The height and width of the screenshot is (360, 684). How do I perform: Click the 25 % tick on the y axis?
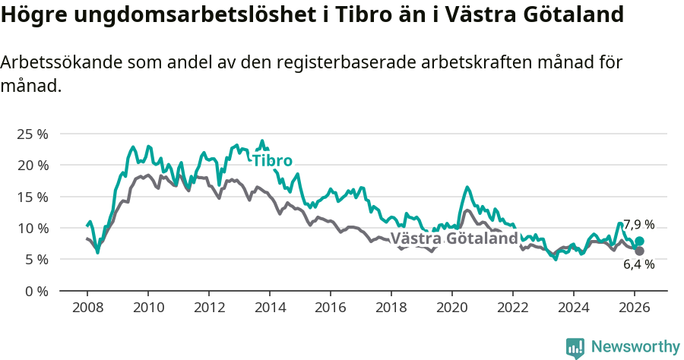point(32,134)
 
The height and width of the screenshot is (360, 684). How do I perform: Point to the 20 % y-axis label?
point(32,165)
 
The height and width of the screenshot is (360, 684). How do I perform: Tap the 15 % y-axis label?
point(32,197)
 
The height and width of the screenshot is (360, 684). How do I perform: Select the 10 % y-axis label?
point(32,228)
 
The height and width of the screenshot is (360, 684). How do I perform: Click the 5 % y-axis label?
point(36,259)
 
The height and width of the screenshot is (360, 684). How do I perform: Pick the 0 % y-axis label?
point(36,291)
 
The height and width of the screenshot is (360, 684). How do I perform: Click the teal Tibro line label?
point(272,160)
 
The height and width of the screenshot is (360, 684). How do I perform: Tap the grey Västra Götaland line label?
point(454,238)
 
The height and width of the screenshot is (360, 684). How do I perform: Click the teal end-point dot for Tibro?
point(639,242)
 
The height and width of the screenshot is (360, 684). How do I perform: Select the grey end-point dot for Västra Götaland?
point(639,251)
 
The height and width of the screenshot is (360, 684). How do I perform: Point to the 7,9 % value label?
point(638,225)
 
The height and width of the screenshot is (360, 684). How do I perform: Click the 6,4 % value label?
point(638,265)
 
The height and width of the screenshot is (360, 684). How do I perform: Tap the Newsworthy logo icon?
point(575,348)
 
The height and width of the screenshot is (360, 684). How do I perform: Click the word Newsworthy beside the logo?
point(635,347)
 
